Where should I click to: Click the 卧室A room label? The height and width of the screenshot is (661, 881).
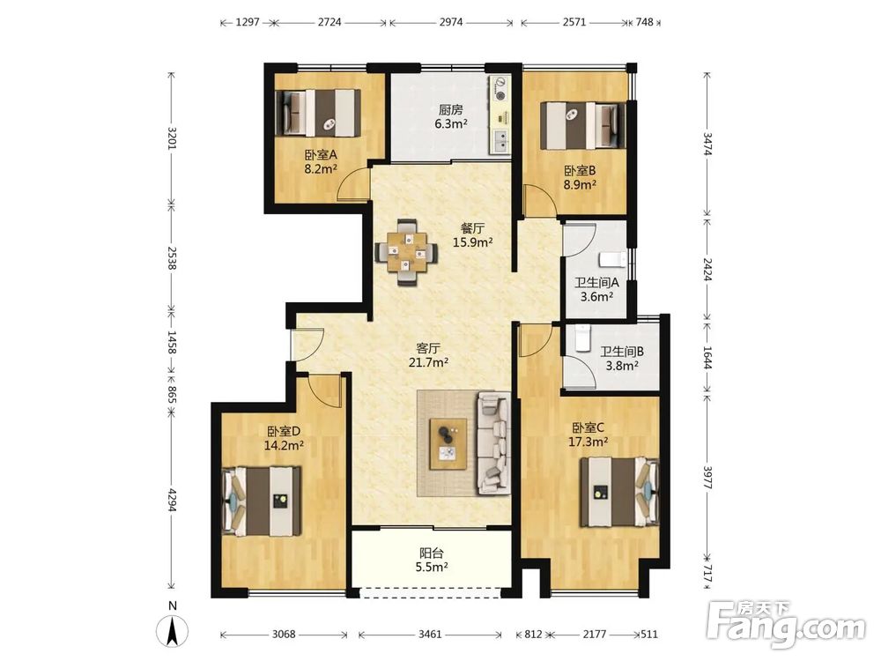click(x=321, y=154)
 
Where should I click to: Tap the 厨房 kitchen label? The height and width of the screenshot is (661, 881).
click(x=450, y=109)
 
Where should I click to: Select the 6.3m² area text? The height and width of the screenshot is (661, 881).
click(x=450, y=123)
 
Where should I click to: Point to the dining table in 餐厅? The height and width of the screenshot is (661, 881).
click(x=407, y=252)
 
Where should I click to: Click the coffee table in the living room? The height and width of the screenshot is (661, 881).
click(x=448, y=443)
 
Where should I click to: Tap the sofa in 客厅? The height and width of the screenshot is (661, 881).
click(x=494, y=444)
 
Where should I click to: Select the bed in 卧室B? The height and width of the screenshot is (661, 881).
click(x=582, y=125)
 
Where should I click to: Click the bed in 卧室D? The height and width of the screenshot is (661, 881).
click(x=262, y=501)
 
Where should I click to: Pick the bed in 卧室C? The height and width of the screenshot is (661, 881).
click(x=619, y=492)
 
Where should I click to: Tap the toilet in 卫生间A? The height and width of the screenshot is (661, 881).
click(x=612, y=259)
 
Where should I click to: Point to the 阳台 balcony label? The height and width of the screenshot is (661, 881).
click(x=432, y=553)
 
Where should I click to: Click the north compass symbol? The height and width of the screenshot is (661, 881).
click(x=173, y=628)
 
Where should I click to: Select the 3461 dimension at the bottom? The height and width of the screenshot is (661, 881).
click(x=430, y=635)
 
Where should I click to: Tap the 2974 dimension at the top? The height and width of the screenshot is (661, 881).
click(x=450, y=23)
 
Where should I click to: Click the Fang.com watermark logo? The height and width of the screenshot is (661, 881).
click(x=786, y=624)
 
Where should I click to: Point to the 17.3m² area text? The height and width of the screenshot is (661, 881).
click(x=589, y=442)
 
